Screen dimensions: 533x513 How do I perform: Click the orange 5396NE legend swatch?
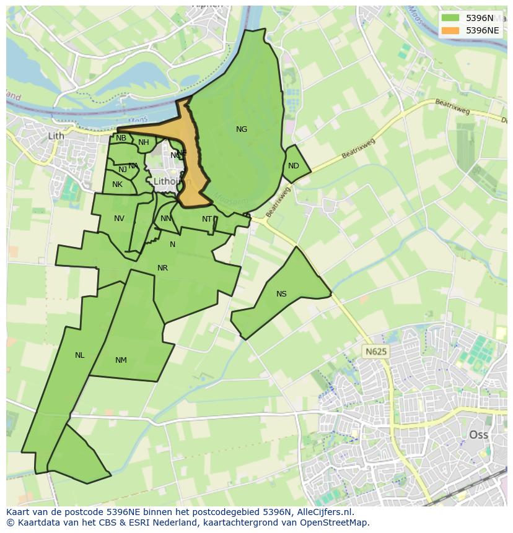pyautogui.click(x=450, y=30)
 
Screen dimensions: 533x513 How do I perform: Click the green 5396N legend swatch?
pyautogui.click(x=450, y=18)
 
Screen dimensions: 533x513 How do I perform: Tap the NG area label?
pyautogui.click(x=242, y=129)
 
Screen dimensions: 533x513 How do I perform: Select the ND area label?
pyautogui.click(x=294, y=166)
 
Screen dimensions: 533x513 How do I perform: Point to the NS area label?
pyautogui.click(x=281, y=294)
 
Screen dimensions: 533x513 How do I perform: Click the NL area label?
pyautogui.click(x=79, y=355)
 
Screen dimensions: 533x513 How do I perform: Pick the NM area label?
pyautogui.click(x=121, y=360)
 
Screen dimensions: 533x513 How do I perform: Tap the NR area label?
pyautogui.click(x=162, y=269)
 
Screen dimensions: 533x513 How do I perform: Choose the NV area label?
pyautogui.click(x=119, y=219)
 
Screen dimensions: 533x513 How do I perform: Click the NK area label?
pyautogui.click(x=117, y=184)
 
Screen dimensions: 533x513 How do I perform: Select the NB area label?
pyautogui.click(x=121, y=138)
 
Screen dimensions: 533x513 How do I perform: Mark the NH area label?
pyautogui.click(x=144, y=142)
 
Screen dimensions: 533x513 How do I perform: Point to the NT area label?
pyautogui.click(x=207, y=219)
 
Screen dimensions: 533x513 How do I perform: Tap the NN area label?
pyautogui.click(x=165, y=219)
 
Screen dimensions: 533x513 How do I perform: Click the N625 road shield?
pyautogui.click(x=375, y=352)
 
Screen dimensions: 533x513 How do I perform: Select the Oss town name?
pyautogui.click(x=478, y=435)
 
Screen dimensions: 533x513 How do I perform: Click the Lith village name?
pyautogui.click(x=56, y=136)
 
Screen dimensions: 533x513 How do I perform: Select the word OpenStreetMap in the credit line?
pyautogui.click(x=335, y=522)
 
